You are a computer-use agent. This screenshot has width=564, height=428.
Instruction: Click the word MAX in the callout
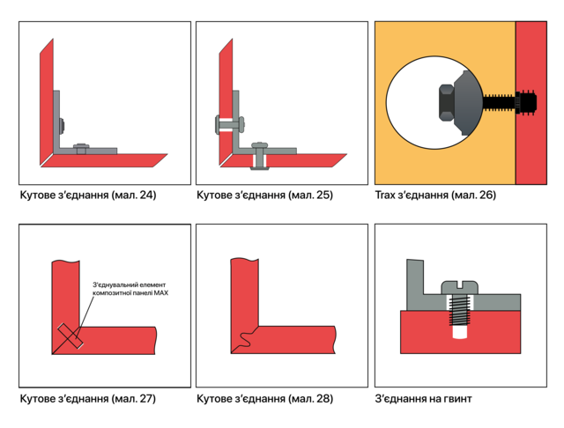click(161, 293)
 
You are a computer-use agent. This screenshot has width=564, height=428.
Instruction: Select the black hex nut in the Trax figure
click(447, 102)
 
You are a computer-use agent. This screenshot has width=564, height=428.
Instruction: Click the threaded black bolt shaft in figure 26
click(499, 102)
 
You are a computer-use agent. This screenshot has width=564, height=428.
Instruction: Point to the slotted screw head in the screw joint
click(460, 287)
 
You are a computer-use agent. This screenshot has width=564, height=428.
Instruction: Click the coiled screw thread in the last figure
click(460, 311)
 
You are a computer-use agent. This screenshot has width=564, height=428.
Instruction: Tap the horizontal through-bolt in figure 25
click(230, 125)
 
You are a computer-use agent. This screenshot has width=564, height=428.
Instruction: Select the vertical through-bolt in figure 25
click(259, 157)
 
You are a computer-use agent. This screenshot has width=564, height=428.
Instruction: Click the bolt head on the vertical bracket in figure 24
click(62, 125)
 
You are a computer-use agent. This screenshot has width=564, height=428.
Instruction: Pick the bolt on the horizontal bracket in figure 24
click(81, 148)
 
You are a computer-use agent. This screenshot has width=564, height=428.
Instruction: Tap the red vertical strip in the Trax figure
click(531, 103)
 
